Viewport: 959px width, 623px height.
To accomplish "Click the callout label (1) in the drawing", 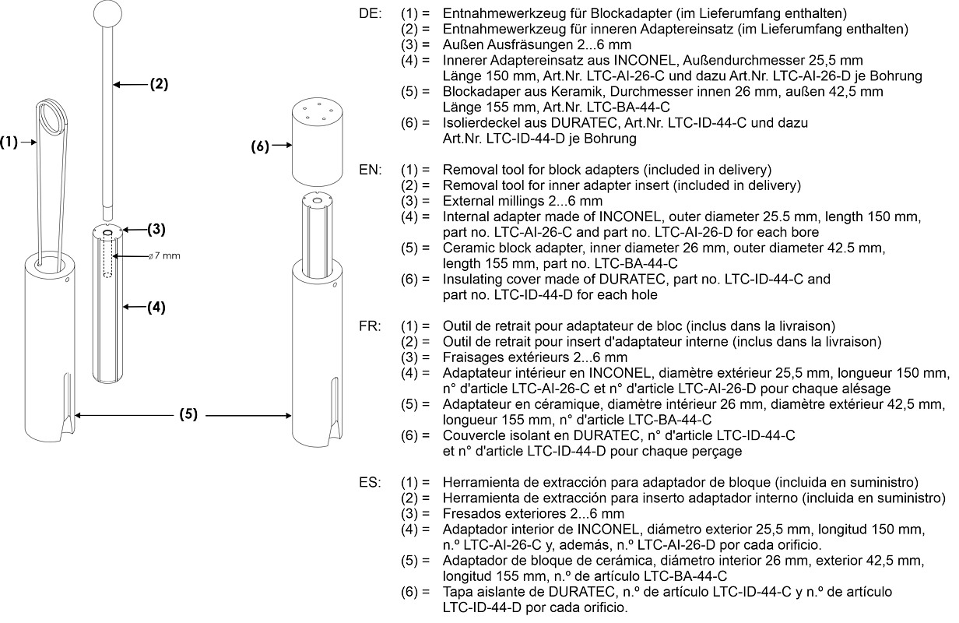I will tap(9, 142).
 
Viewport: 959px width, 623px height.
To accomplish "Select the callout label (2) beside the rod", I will tap(159, 84).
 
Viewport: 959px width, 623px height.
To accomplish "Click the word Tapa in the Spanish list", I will tap(456, 592).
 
